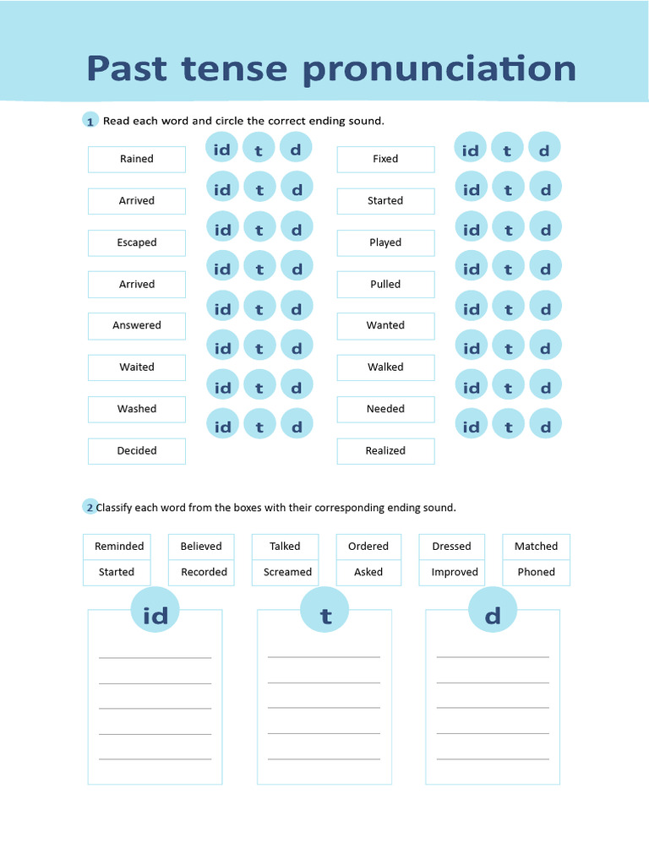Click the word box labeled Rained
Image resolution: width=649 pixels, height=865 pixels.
tap(137, 159)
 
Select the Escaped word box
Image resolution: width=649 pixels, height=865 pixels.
tap(137, 242)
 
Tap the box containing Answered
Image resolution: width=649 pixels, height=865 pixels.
tap(137, 325)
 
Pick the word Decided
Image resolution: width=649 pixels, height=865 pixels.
tap(137, 451)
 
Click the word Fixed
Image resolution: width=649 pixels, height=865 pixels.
tap(385, 159)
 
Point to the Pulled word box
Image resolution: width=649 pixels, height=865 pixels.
tap(385, 284)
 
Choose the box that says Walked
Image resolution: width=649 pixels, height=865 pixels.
tap(385, 367)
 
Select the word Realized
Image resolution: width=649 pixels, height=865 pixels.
tap(385, 451)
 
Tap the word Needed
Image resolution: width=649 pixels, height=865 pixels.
tap(385, 409)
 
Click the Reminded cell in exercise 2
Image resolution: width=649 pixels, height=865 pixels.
tap(119, 547)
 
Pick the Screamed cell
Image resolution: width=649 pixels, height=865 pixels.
tap(287, 572)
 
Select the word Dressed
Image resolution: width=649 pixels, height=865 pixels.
tap(451, 547)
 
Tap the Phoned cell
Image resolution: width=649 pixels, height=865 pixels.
tap(536, 572)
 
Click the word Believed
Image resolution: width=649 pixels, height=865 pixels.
tap(201, 547)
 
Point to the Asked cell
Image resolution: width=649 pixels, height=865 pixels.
tap(368, 572)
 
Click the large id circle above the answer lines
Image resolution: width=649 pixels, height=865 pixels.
tap(155, 616)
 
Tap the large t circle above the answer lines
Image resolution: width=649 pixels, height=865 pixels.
tap(325, 616)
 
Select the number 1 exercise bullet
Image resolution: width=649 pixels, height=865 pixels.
tap(90, 122)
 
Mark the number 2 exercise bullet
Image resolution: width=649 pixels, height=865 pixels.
tap(90, 508)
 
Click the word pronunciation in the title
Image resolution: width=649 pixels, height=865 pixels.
tap(439, 69)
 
